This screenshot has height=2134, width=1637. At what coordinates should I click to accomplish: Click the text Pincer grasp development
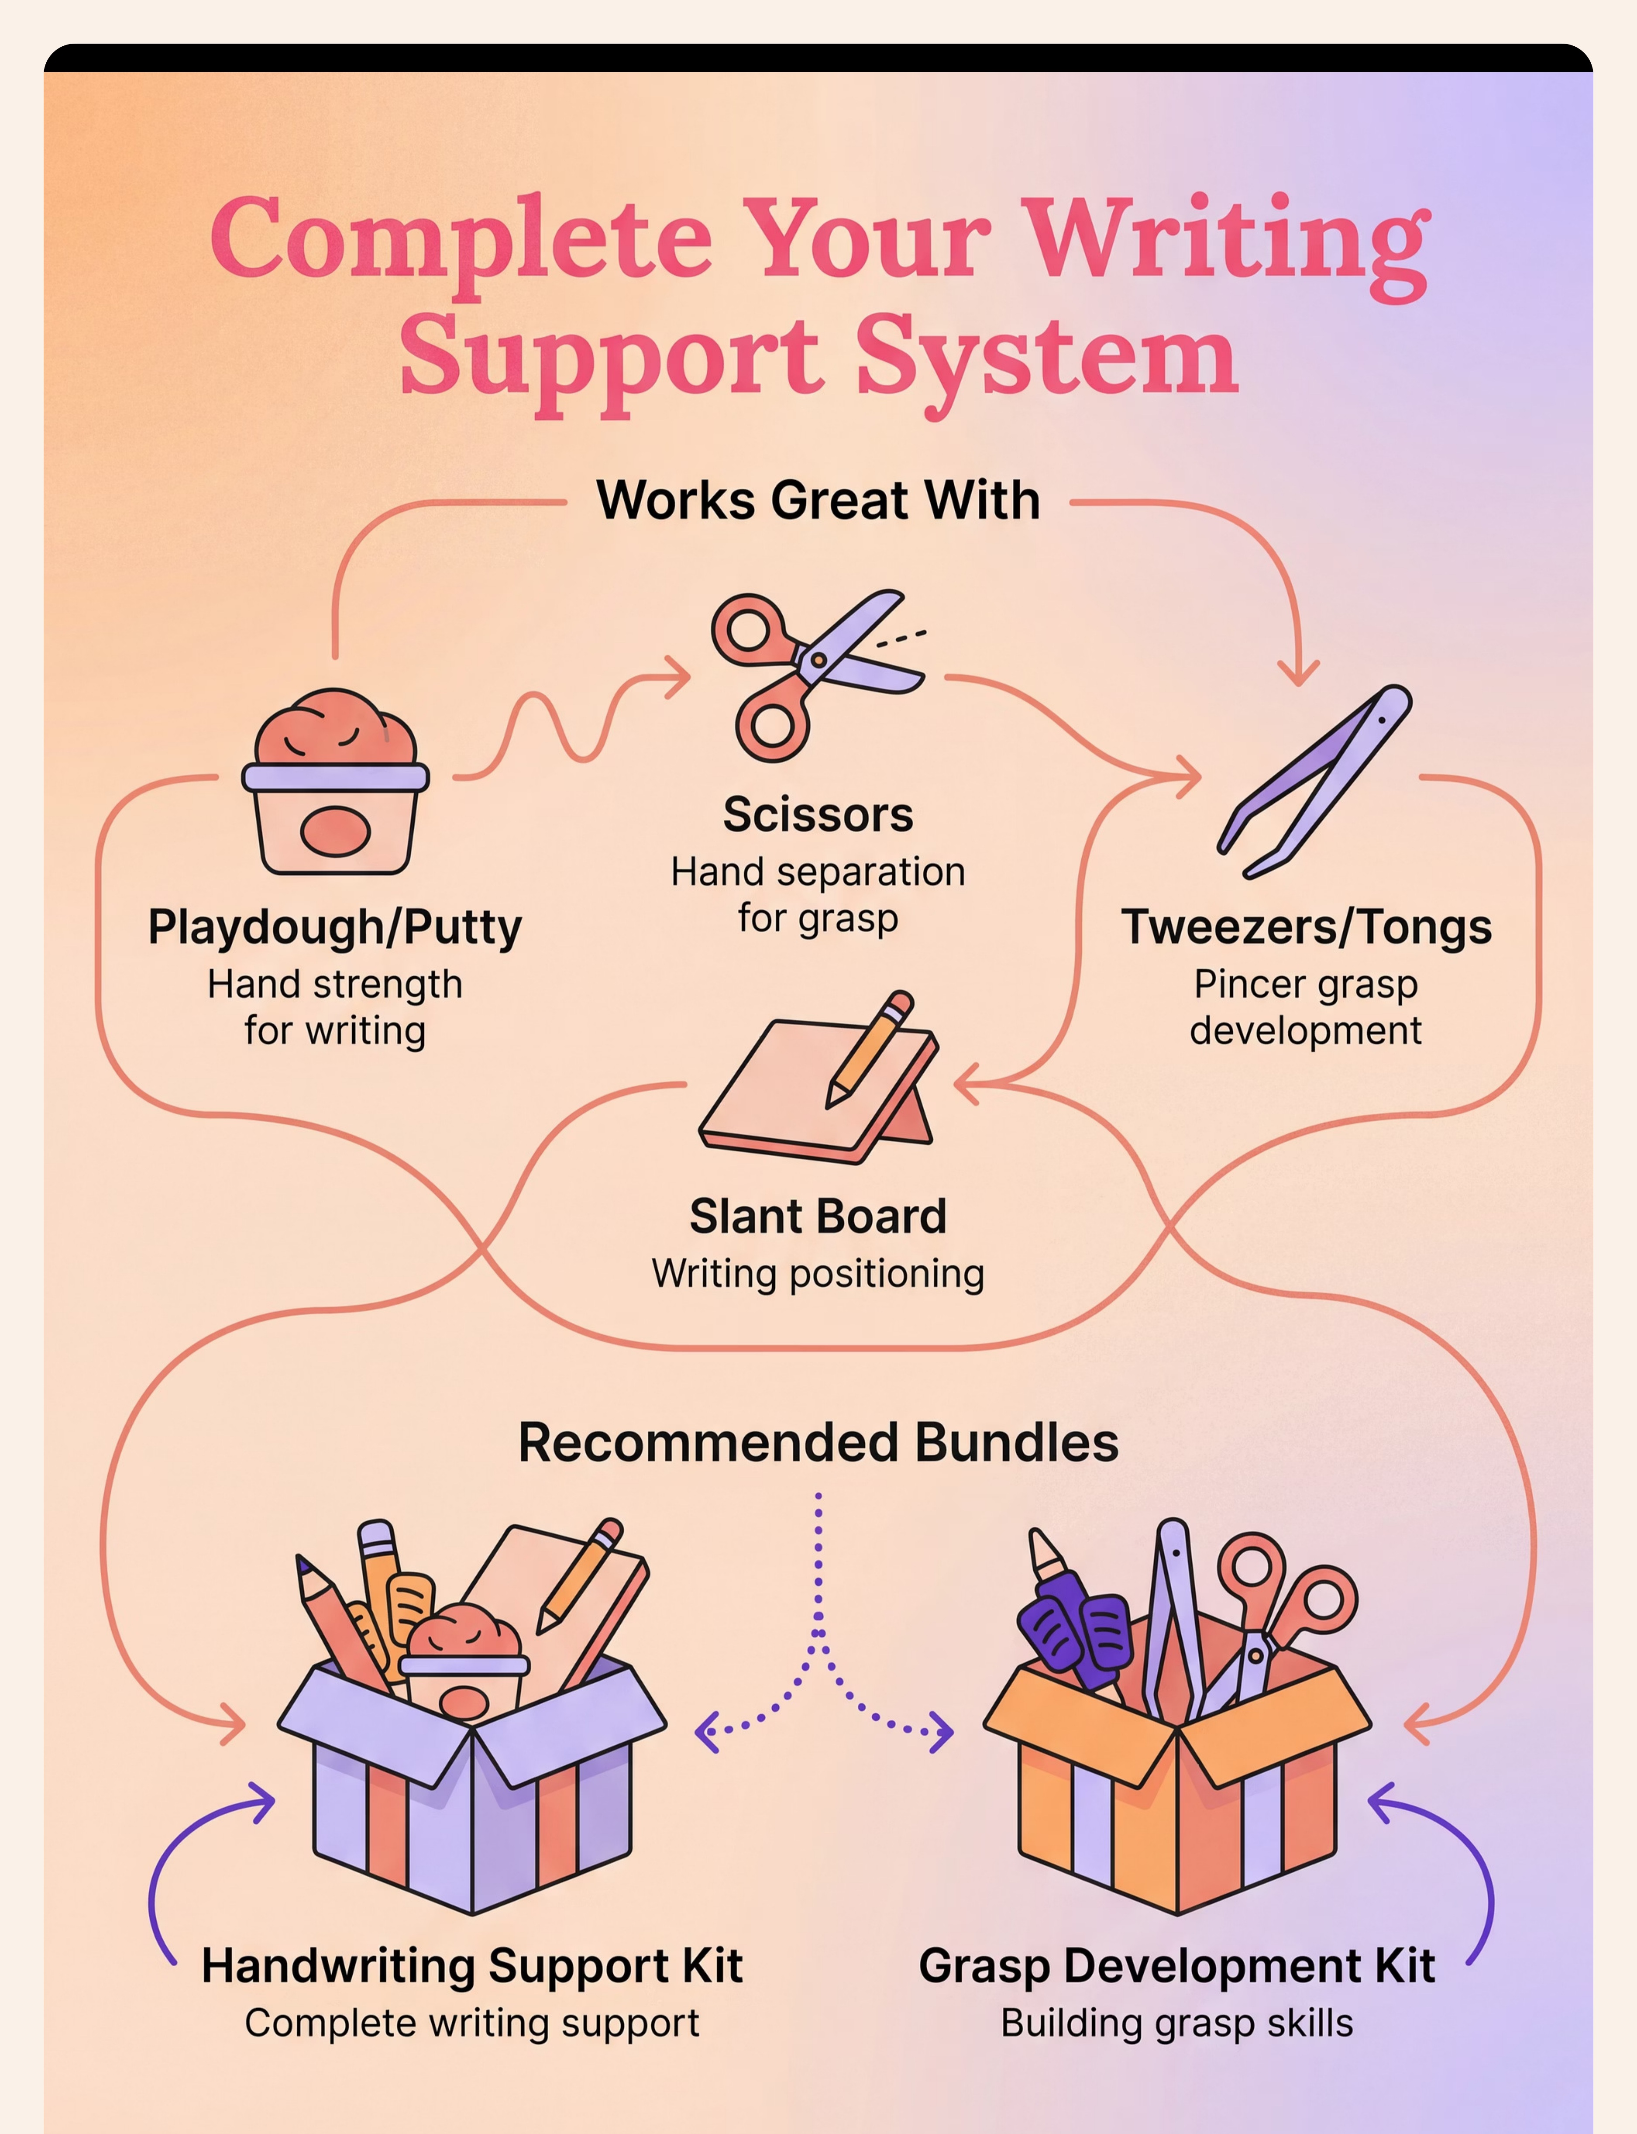pos(1306,1007)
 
